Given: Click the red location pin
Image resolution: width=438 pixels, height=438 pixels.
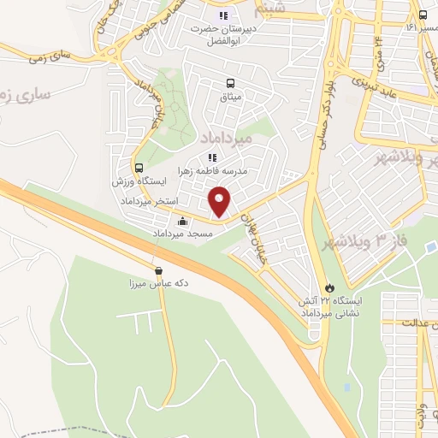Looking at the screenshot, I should pos(221,200).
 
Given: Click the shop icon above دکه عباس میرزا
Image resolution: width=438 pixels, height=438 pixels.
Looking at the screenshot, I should pos(158,271).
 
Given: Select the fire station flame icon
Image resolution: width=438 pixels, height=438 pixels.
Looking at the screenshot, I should pos(332,288).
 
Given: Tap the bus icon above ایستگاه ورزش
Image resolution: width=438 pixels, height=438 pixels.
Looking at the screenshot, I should pos(139,168).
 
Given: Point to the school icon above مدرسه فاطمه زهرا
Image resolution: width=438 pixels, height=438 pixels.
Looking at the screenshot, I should pos(213,157).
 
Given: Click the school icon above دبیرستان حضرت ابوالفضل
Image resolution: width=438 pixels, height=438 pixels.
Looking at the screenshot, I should pos(224,15).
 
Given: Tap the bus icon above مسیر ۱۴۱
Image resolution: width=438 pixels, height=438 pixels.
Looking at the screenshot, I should pos(423,15).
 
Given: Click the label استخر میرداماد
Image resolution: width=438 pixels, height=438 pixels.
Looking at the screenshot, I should pos(154,200).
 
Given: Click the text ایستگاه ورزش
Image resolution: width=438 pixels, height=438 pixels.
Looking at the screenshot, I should pos(138,182).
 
